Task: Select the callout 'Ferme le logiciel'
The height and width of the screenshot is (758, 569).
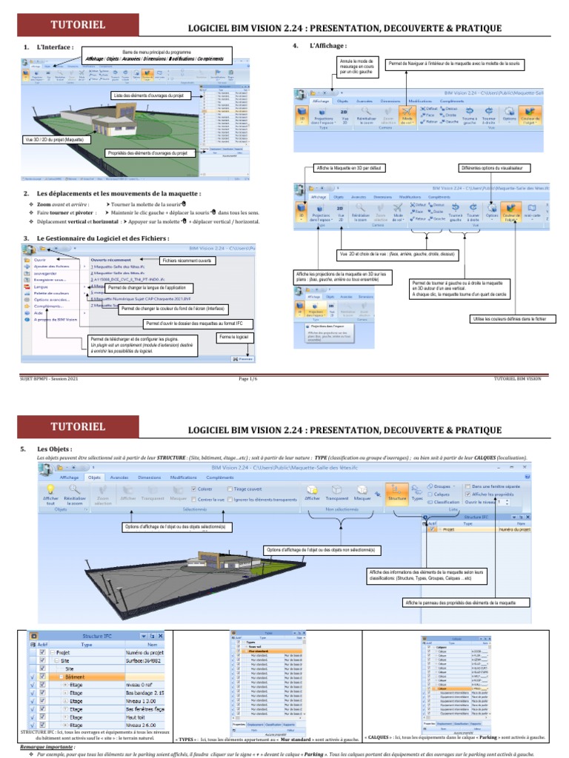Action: pyautogui.click(x=233, y=337)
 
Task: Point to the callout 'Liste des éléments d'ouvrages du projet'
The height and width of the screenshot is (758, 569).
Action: pyautogui.click(x=152, y=95)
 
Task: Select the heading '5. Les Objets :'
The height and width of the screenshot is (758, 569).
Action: pyautogui.click(x=52, y=449)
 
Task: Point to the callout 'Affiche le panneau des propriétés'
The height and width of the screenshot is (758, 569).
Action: pyautogui.click(x=460, y=603)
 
